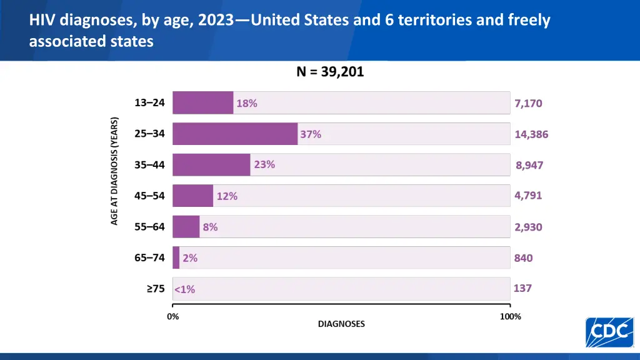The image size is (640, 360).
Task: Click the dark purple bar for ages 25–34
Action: tap(235, 134)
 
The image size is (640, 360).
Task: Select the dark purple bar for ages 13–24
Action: tap(203, 103)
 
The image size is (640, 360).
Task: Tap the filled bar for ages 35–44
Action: tap(211, 165)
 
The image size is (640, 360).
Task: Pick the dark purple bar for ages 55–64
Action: tap(186, 227)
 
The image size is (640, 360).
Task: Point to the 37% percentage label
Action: tap(311, 134)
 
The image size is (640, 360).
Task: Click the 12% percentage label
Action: tap(227, 196)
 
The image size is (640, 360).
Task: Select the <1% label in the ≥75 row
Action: tap(185, 289)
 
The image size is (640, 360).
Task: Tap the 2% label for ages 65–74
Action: tap(190, 257)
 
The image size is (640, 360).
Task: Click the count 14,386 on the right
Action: tap(531, 134)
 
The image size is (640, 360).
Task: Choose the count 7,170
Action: tap(528, 104)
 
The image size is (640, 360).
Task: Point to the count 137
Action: tap(522, 288)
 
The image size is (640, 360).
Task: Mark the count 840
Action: tap(524, 257)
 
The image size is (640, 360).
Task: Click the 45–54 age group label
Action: tap(149, 196)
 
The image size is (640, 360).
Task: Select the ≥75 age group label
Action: tap(156, 288)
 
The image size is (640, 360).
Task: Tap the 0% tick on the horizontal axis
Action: tap(173, 316)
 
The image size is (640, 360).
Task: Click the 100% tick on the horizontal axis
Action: tap(510, 316)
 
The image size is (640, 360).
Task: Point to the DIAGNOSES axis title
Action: tap(341, 324)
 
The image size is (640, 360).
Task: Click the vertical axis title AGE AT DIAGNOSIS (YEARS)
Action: tap(114, 171)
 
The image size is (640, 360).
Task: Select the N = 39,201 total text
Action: tap(330, 72)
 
